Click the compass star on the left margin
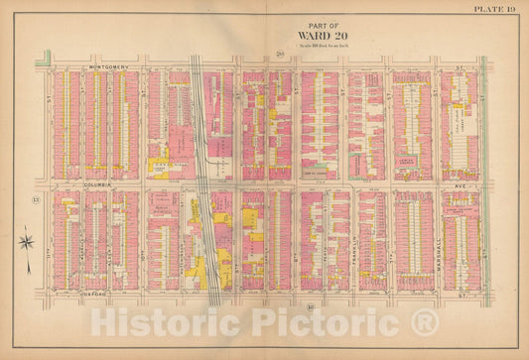pos(27,240)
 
